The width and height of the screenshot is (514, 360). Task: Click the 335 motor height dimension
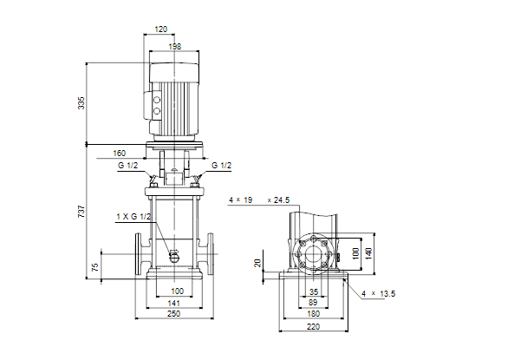tap(81, 103)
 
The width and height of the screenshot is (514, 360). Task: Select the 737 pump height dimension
tap(81, 212)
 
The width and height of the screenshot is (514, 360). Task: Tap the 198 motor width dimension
tap(175, 47)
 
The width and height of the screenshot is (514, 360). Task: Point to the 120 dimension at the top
tap(160, 29)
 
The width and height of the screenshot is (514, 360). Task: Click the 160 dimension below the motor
tap(120, 154)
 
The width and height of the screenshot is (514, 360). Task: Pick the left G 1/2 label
tap(127, 166)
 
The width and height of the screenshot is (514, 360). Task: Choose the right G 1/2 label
tap(222, 166)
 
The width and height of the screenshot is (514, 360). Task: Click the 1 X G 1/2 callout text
tap(133, 217)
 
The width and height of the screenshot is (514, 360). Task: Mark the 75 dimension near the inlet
tap(95, 267)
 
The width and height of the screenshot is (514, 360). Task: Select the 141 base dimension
tap(173, 304)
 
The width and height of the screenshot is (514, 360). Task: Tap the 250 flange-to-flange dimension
tap(173, 314)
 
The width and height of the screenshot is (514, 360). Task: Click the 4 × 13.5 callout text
tap(379, 294)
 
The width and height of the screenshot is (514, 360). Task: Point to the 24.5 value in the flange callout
tap(282, 200)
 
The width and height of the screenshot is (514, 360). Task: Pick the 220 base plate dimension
tap(314, 327)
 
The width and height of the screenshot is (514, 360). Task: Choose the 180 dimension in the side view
tap(314, 314)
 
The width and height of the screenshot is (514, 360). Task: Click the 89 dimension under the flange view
tap(313, 303)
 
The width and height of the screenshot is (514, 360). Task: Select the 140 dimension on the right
tap(368, 253)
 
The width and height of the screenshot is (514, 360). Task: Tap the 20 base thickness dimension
tap(257, 263)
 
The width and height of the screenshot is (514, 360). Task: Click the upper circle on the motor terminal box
tap(157, 100)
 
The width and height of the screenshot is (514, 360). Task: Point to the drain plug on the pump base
tap(173, 255)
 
